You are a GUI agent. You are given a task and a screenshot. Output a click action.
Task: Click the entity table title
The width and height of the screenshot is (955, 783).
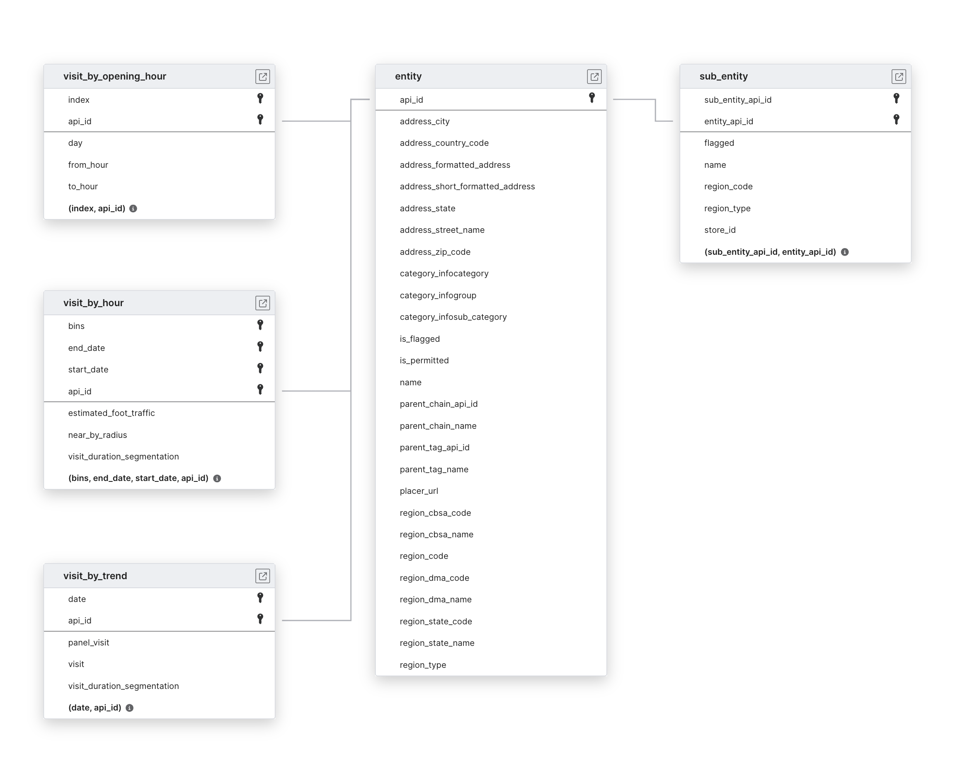coord(408,76)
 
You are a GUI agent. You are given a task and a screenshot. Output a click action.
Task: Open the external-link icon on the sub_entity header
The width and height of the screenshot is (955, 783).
coord(899,77)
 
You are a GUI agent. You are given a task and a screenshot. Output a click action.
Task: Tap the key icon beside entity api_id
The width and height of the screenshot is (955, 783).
coord(591,97)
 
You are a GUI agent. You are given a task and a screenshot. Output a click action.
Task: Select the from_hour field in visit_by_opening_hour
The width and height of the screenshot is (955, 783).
coord(88,164)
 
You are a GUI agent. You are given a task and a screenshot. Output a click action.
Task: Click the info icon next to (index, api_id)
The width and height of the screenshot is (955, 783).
coord(133,208)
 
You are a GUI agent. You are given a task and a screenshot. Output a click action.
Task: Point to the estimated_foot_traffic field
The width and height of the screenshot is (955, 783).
coord(111,413)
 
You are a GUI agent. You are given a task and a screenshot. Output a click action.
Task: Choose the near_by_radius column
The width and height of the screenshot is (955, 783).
coord(97,435)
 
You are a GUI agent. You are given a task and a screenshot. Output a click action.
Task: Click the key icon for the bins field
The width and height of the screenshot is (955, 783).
coord(260,325)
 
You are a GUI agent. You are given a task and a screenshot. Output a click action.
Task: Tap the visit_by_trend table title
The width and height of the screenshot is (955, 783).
coord(95,576)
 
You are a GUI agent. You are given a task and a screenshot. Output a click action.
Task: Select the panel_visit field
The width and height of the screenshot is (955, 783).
coord(88,642)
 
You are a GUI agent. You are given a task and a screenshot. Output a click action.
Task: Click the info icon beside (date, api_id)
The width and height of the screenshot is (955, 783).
coord(129,708)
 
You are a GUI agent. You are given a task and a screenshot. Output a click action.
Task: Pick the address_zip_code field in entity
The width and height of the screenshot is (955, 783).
coord(435,252)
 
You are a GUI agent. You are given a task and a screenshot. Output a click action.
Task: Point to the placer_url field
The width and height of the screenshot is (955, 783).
coord(419,491)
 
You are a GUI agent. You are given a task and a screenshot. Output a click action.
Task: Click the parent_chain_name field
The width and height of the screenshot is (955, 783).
coord(438,426)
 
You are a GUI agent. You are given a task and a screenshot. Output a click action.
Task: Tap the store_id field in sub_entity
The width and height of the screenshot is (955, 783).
coord(720,230)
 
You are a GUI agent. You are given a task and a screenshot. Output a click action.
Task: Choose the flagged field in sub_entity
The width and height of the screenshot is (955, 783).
coord(719,143)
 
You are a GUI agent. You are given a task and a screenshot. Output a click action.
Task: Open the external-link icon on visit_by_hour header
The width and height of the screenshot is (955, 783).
coord(263,303)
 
